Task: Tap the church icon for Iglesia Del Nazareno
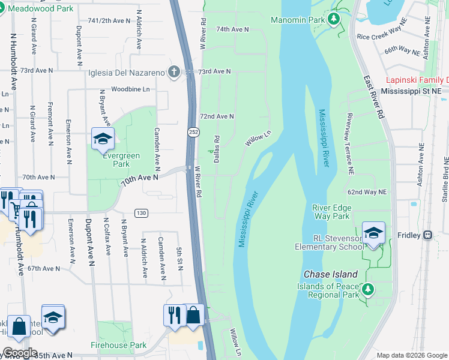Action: [174, 73]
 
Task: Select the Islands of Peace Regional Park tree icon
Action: [368, 290]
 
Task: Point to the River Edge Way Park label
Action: [331, 212]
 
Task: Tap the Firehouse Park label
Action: [118, 346]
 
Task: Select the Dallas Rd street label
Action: [217, 148]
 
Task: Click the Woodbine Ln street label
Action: [130, 89]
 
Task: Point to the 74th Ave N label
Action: [232, 29]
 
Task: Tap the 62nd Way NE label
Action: [367, 192]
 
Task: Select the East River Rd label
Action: [373, 95]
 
